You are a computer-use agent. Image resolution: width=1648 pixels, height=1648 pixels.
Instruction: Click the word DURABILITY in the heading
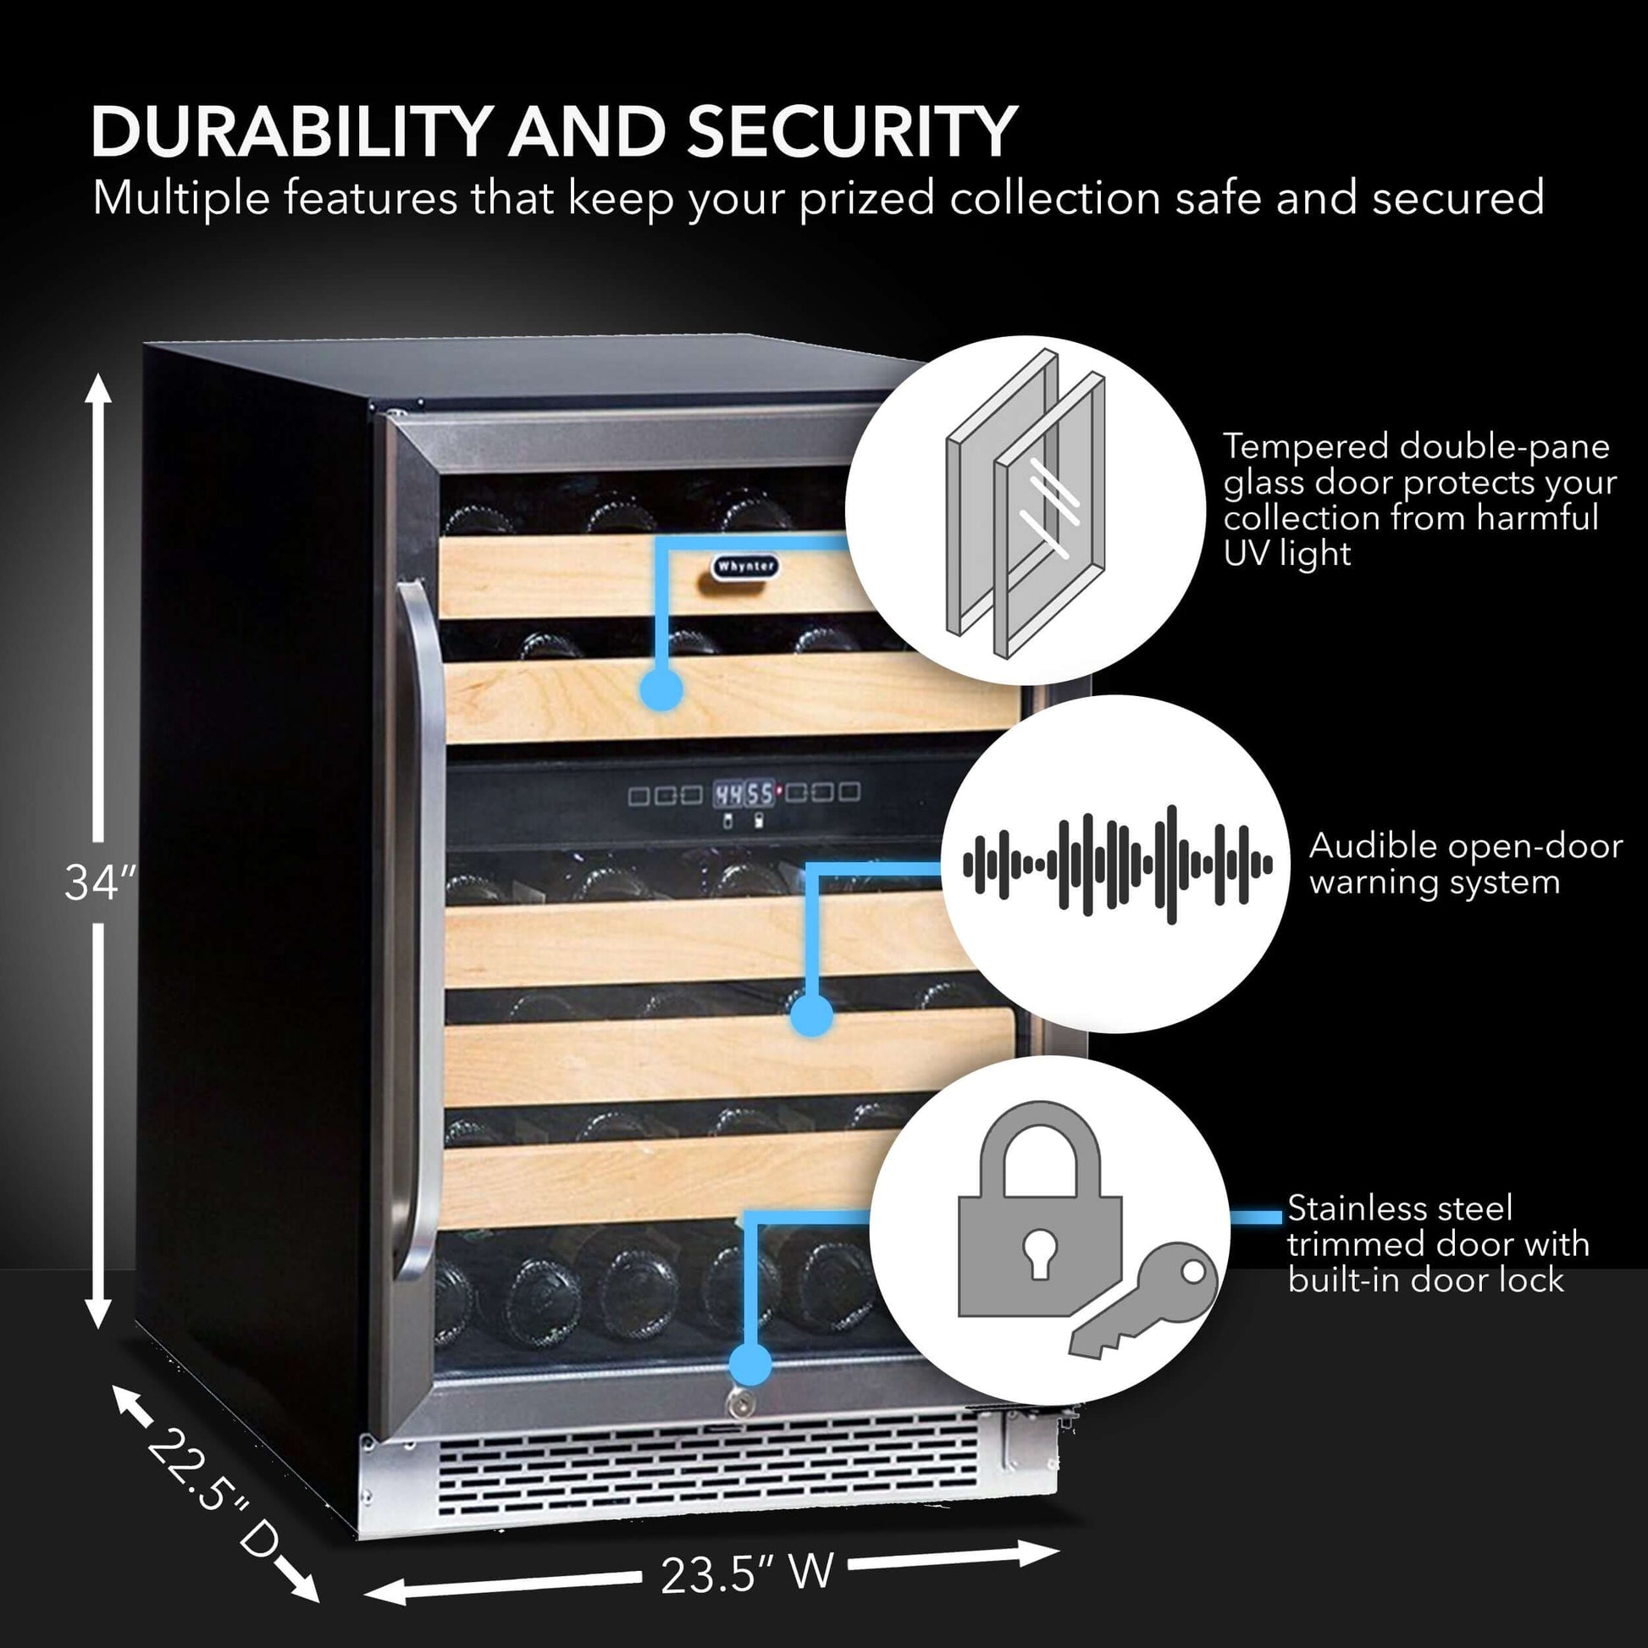point(291,132)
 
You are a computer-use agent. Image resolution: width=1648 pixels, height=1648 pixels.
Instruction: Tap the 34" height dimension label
point(100,882)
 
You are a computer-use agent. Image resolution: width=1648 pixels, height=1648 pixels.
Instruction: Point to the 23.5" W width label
point(746,1572)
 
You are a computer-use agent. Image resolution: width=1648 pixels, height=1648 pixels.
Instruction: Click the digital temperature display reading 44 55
point(744,794)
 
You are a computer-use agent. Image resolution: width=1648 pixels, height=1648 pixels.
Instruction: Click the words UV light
point(1287,555)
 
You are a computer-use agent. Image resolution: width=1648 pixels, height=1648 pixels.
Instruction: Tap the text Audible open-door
point(1465,846)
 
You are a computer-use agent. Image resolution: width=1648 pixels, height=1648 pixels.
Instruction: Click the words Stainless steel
point(1400,1208)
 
